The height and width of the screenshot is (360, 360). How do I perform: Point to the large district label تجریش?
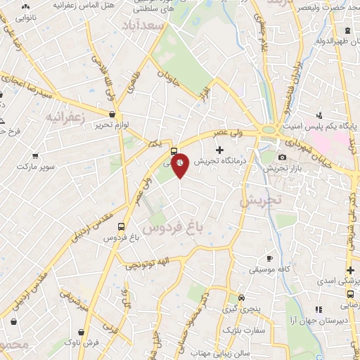260,200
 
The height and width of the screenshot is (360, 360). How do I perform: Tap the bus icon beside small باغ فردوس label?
122,227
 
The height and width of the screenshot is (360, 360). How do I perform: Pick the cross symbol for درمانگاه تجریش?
219,149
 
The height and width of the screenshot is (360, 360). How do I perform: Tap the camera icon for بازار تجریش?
282,157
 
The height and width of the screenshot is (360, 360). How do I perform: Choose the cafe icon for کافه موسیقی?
268,258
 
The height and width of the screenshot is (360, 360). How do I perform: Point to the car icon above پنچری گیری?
241,297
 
